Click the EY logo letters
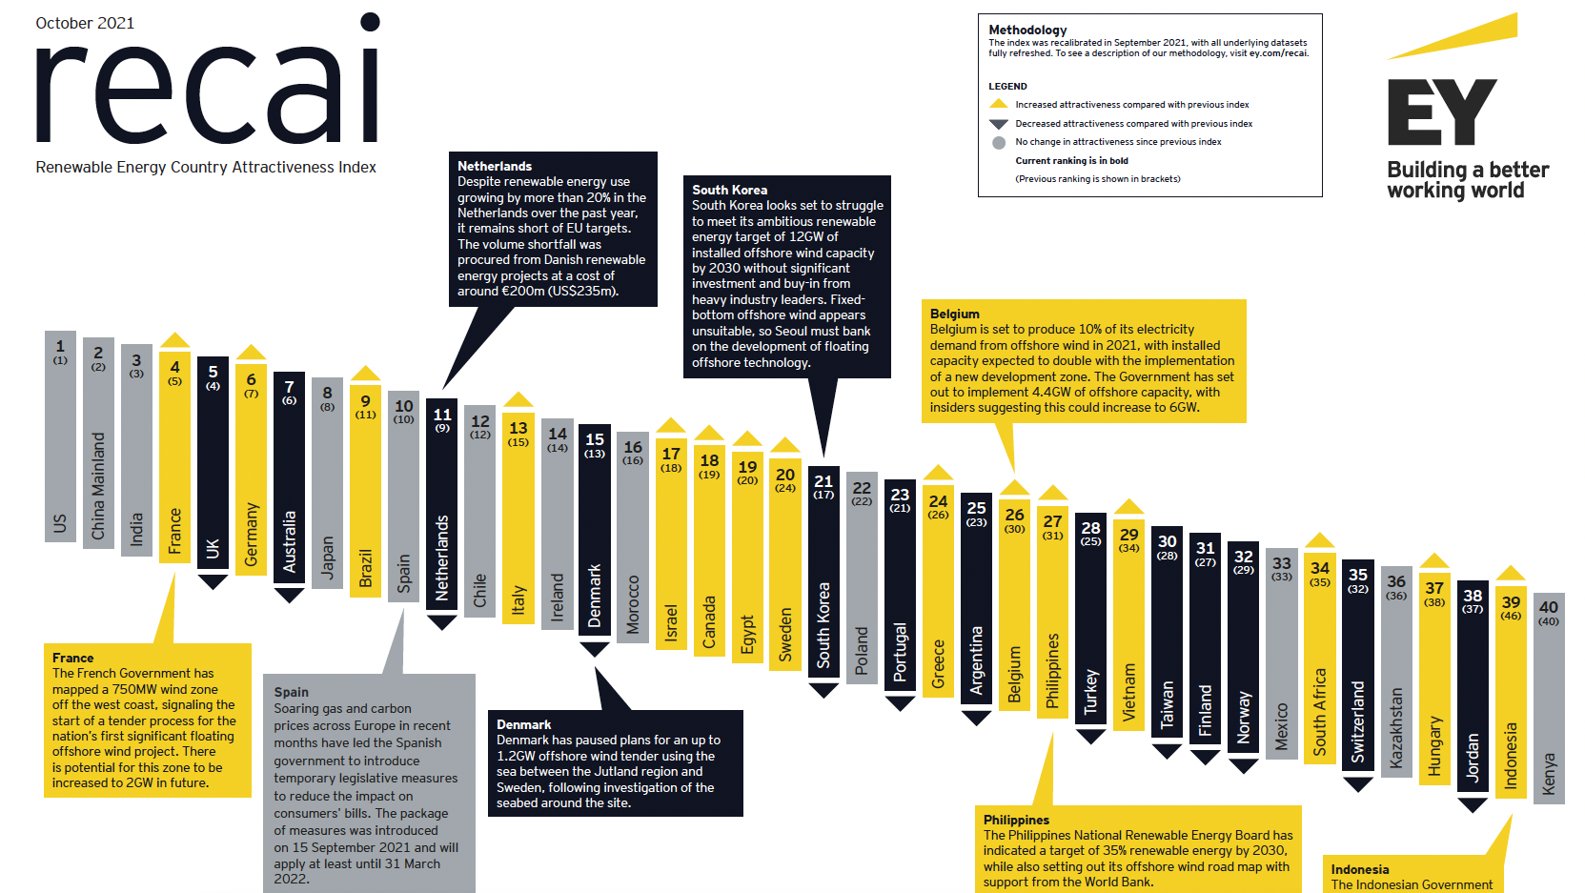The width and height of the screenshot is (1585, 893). pos(1441,112)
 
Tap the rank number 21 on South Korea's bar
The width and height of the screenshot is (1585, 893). pos(823,481)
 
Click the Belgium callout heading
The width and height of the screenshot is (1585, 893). pos(954,314)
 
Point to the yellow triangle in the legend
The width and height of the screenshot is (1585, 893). pos(998,104)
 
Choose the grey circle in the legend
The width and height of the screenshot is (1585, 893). pos(998,142)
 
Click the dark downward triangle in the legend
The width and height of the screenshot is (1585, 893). pos(998,124)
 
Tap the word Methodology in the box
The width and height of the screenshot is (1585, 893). pos(1027,30)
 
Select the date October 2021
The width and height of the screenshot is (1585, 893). pos(85,23)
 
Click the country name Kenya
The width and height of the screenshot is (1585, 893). pos(1549,773)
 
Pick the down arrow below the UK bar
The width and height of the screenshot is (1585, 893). pos(213,581)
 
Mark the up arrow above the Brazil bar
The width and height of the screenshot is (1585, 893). pos(365,374)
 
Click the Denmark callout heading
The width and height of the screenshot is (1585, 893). pos(523,724)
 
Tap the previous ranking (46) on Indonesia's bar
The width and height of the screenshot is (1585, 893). pos(1511,616)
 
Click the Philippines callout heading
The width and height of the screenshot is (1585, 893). pos(1016,820)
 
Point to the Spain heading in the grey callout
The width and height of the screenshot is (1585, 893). pos(291,692)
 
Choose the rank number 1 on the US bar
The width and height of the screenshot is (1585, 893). pos(60,346)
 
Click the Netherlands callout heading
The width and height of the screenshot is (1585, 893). pos(494,166)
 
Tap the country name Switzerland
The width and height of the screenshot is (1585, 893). pos(1358,721)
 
